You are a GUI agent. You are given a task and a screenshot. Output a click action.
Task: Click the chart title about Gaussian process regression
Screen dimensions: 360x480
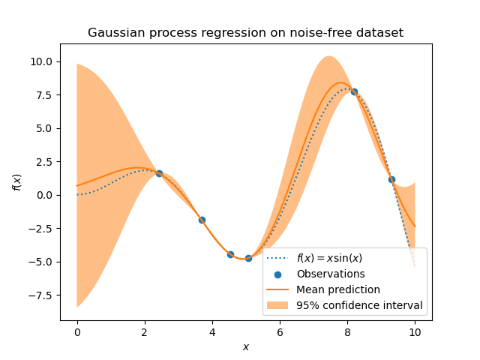pyautogui.click(x=245, y=33)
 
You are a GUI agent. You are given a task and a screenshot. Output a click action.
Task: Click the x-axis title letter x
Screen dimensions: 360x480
pyautogui.click(x=245, y=346)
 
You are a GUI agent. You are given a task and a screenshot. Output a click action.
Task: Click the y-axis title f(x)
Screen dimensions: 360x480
pyautogui.click(x=17, y=181)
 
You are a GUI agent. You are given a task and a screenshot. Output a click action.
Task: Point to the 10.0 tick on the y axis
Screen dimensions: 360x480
pyautogui.click(x=41, y=61)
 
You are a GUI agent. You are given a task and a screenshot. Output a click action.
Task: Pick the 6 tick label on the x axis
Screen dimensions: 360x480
pyautogui.click(x=280, y=332)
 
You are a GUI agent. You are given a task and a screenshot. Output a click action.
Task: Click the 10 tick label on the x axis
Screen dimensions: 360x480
pyautogui.click(x=415, y=332)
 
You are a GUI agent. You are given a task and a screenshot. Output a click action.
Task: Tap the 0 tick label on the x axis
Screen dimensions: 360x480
pyautogui.click(x=76, y=332)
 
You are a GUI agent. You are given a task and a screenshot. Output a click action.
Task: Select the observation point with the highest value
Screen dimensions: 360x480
pyautogui.click(x=354, y=91)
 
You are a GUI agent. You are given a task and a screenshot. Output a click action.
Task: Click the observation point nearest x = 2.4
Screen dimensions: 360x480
pyautogui.click(x=159, y=173)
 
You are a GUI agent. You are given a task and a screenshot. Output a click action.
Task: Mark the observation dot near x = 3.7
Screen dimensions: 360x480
pyautogui.click(x=202, y=220)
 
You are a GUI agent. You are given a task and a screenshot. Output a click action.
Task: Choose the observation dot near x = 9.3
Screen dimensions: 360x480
pyautogui.click(x=391, y=179)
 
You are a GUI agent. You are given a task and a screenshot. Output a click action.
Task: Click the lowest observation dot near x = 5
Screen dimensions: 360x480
pyautogui.click(x=248, y=258)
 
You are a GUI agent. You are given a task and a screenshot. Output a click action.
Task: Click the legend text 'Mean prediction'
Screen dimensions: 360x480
pyautogui.click(x=337, y=289)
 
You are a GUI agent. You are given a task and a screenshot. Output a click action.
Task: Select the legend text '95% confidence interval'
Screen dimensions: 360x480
pyautogui.click(x=359, y=305)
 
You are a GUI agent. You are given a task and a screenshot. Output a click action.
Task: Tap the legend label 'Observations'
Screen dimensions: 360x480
pyautogui.click(x=331, y=274)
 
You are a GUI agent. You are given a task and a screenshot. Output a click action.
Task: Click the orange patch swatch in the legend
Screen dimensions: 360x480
pyautogui.click(x=278, y=305)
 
